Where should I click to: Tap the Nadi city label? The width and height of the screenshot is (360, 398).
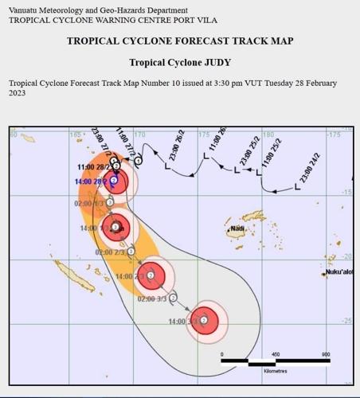coord(237,230)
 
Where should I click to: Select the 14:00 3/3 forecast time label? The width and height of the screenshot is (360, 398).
coord(182,322)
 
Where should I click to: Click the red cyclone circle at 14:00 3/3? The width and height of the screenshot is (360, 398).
coord(205,320)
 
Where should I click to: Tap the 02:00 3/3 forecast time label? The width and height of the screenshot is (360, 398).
coord(152,299)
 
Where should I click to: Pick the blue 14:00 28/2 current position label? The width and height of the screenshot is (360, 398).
coord(90,181)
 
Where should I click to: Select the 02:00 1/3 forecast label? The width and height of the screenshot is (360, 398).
coord(88,204)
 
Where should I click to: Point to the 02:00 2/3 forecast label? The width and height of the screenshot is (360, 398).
coord(109,252)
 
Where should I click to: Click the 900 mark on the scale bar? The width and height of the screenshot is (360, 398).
coord(326,354)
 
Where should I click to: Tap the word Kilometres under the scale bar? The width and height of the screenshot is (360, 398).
coord(276,371)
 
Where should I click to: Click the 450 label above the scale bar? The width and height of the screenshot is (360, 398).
coord(275,354)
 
